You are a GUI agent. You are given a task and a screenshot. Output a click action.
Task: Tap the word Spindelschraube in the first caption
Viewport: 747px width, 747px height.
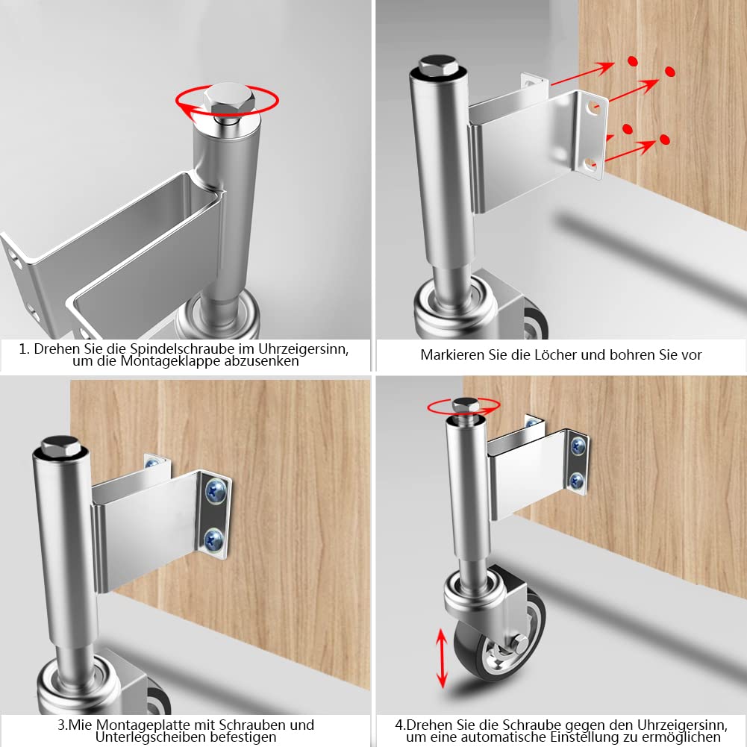point(181,349)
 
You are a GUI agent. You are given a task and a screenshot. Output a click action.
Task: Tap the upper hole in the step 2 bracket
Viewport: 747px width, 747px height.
point(593,106)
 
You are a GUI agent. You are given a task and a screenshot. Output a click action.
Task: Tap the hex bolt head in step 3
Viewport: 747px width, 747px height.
point(60,446)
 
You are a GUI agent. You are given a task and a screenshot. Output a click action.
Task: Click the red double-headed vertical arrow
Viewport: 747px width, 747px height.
point(442,658)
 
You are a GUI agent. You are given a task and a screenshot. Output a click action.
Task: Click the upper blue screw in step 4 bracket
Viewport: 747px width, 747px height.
point(578,446)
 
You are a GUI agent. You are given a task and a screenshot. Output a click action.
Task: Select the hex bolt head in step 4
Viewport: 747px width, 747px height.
point(466,405)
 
